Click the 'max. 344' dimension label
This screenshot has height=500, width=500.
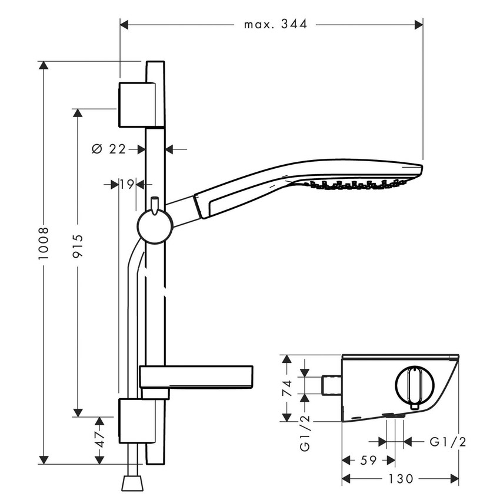pos(275,25)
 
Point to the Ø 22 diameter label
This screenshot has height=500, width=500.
pos(109,149)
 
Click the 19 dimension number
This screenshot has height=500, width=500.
pos(125,184)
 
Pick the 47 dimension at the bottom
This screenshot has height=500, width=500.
pos(100,438)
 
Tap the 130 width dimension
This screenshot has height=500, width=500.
pos(401,479)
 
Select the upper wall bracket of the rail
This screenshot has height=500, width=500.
pos(138,104)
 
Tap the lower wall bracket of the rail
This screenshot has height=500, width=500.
pos(136,421)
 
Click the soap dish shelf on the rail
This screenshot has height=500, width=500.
pos(197,376)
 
